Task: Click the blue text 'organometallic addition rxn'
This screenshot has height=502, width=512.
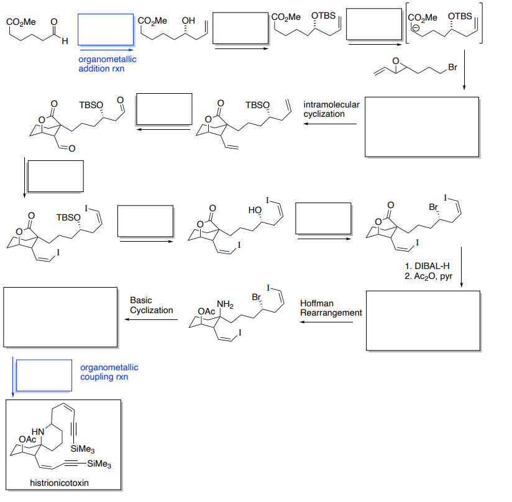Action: point(107,64)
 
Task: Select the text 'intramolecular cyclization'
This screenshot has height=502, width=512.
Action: point(331,109)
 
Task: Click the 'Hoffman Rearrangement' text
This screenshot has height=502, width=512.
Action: point(331,308)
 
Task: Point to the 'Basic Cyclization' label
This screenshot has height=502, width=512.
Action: point(151,305)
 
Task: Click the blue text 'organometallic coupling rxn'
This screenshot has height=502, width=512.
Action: point(109,372)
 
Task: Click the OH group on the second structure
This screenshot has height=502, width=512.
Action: point(187,21)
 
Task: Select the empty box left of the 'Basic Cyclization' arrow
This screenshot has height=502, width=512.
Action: point(60,317)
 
